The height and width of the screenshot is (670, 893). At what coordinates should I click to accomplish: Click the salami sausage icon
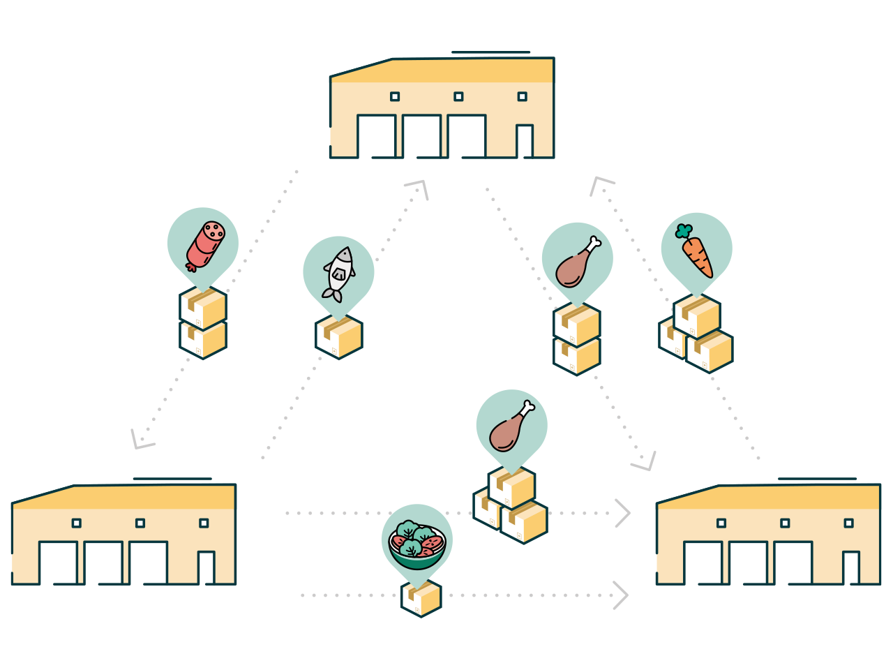pos(205,244)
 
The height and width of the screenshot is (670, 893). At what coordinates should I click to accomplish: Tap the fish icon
pos(339,273)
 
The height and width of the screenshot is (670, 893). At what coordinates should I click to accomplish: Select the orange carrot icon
pos(696,254)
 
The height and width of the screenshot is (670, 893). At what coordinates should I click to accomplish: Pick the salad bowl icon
pos(417,542)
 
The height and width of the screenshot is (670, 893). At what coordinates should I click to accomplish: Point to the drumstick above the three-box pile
pos(512,427)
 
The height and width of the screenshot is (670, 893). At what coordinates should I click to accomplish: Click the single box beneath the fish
pos(339,336)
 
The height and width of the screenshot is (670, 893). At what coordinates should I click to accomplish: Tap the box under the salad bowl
pos(421,599)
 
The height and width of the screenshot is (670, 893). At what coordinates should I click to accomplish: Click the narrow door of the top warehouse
pos(525,141)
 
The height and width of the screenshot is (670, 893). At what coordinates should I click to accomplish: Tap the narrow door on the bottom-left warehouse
pos(206,567)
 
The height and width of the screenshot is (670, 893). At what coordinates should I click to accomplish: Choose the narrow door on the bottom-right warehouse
pos(850,567)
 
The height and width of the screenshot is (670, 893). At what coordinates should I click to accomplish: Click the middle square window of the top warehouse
pos(458,96)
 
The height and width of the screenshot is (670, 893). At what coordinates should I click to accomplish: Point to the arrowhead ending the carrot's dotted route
pos(599,184)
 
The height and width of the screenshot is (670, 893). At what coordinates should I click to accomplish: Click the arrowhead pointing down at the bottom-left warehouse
pos(140,440)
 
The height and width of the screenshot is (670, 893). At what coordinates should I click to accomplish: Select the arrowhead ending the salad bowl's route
pos(620,595)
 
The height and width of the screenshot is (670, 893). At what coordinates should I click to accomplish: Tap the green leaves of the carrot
pos(684,231)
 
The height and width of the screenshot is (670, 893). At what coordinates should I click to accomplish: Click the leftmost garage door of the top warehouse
pos(376,136)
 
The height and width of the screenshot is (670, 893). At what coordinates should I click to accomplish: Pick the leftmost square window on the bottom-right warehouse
pos(721,523)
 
